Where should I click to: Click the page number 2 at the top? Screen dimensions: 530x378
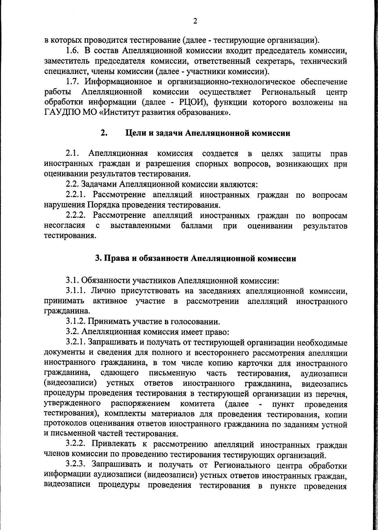[x=195, y=21]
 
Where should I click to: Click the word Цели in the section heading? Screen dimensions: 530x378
[x=136, y=133]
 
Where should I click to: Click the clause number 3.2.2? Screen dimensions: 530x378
[x=77, y=444]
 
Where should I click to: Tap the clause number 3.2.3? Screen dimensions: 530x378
[x=77, y=465]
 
